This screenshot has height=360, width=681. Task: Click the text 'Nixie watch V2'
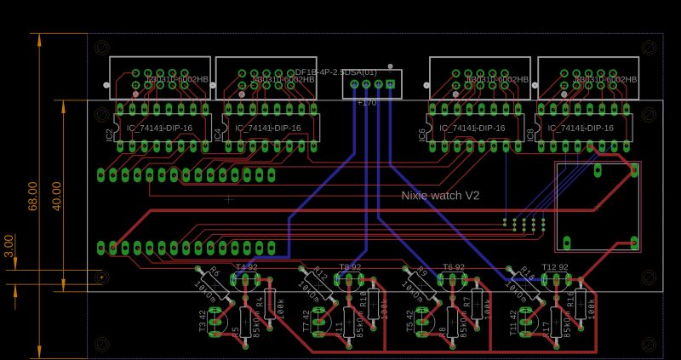click(x=440, y=196)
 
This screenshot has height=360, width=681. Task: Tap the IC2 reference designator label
click(x=109, y=134)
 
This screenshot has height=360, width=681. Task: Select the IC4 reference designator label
click(x=218, y=134)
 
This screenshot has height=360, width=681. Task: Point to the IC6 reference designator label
click(x=422, y=134)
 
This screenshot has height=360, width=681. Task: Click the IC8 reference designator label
click(x=532, y=134)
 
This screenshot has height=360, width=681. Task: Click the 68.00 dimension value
click(x=33, y=195)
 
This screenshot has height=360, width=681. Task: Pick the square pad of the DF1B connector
click(x=391, y=83)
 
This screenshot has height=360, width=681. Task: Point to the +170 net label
click(x=366, y=102)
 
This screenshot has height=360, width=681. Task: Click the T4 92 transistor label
click(x=246, y=267)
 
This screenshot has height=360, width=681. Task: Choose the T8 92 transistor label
click(x=350, y=267)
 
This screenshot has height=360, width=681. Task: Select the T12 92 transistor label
click(x=555, y=267)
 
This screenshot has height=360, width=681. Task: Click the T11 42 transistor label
click(x=513, y=323)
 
